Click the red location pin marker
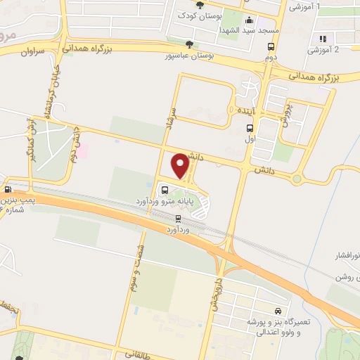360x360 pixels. tap(181, 165)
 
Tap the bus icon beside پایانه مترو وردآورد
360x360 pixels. tap(165, 190)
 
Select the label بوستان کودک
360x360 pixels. tap(195, 15)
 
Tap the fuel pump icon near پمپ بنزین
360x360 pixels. tap(8, 189)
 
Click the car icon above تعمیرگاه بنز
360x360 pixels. tap(279, 311)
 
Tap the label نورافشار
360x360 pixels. tap(345, 254)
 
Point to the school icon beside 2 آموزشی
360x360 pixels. tap(322, 39)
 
